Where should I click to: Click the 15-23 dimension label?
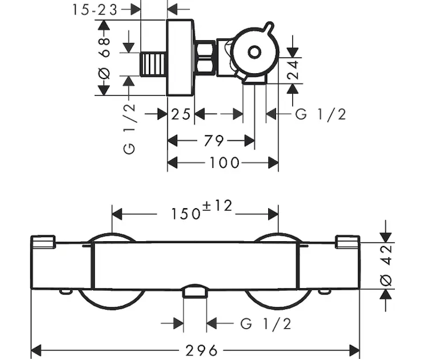pyautogui.click(x=95, y=10)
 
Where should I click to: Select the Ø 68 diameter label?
pyautogui.click(x=104, y=58)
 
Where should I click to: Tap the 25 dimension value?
pyautogui.click(x=181, y=114)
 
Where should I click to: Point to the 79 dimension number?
pyautogui.click(x=214, y=141)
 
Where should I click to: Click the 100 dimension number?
pyautogui.click(x=224, y=163)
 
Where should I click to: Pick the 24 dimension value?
pyautogui.click(x=293, y=70)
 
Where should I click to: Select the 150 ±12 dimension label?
pyautogui.click(x=202, y=209)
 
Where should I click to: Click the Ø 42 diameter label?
pyautogui.click(x=386, y=265)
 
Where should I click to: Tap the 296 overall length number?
pyautogui.click(x=202, y=350)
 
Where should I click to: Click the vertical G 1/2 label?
pyautogui.click(x=129, y=129)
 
